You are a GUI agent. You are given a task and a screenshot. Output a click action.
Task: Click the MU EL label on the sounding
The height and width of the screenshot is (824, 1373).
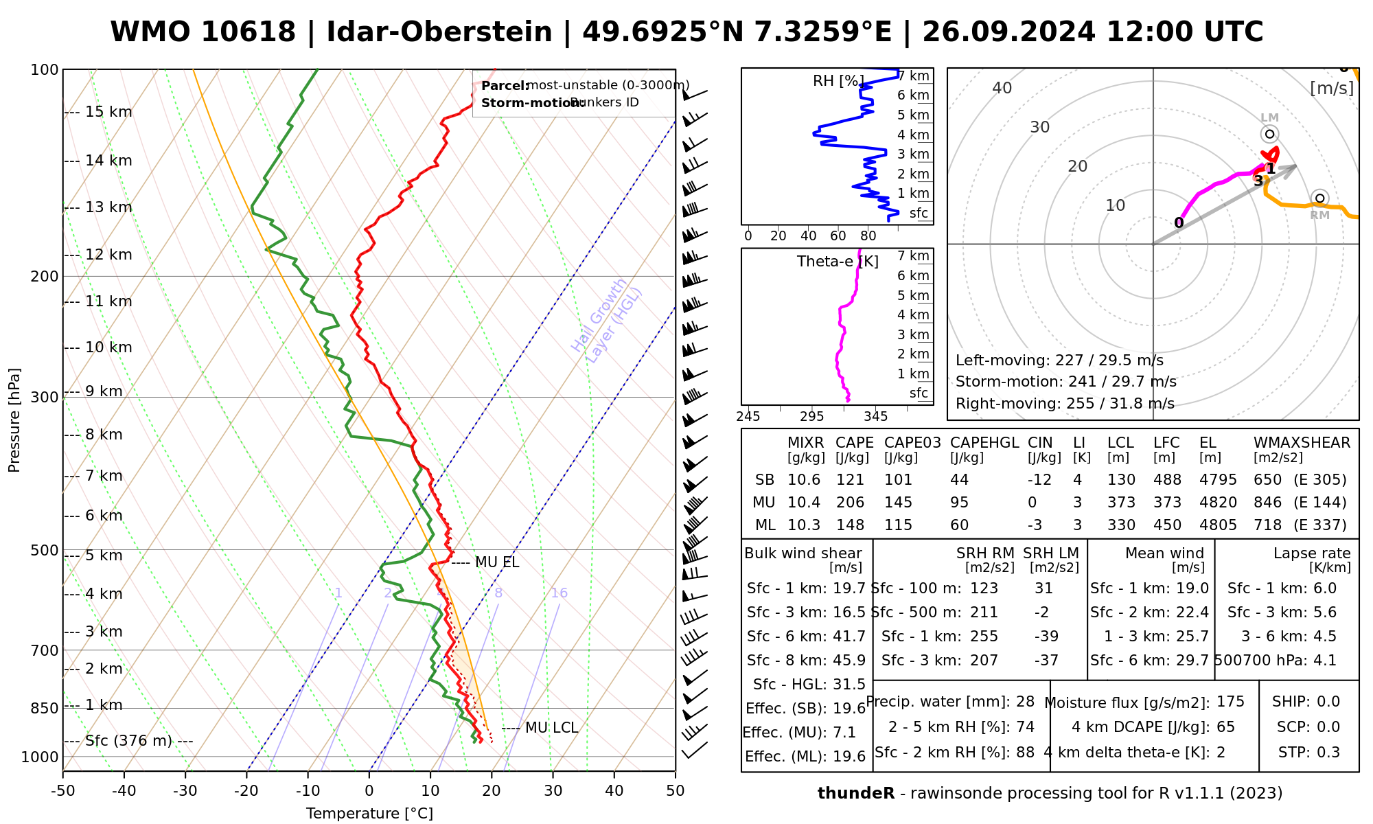(496, 562)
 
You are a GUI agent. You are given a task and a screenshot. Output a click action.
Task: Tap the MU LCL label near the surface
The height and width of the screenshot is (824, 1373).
(551, 728)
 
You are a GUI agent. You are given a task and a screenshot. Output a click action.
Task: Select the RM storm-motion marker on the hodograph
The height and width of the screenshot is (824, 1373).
(1319, 198)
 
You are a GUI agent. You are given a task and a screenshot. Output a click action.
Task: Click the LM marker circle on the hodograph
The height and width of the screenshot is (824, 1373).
(1269, 134)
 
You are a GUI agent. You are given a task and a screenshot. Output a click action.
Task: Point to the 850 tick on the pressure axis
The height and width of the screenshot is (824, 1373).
(44, 708)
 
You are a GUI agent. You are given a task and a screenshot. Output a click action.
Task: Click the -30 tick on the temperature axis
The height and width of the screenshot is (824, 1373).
(185, 791)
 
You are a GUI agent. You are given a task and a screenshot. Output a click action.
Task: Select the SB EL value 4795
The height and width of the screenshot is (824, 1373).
(1218, 480)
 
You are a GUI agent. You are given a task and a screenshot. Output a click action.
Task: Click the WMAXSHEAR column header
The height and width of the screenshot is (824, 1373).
(1302, 443)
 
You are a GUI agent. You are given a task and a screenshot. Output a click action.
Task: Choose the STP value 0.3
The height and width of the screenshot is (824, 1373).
(1328, 753)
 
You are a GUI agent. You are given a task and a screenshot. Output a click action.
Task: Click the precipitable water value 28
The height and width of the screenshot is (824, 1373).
(1025, 702)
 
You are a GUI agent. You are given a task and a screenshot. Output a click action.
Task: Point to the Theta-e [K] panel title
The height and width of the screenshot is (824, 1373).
(838, 262)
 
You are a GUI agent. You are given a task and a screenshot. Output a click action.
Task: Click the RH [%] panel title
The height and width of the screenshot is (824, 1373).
(838, 81)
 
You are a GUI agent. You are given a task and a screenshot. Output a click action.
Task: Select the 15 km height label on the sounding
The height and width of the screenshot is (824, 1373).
(108, 112)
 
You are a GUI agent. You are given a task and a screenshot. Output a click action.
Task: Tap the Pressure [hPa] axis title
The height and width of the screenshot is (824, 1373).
(14, 420)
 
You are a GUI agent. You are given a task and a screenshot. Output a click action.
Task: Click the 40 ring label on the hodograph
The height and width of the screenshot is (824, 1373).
(1002, 88)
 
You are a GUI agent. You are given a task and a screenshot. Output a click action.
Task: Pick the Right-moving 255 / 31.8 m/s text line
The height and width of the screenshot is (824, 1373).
(1065, 404)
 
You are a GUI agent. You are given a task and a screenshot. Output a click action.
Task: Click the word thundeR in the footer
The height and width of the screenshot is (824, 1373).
(855, 794)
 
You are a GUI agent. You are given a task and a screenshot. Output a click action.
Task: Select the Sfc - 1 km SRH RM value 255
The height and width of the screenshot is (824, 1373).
(984, 637)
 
